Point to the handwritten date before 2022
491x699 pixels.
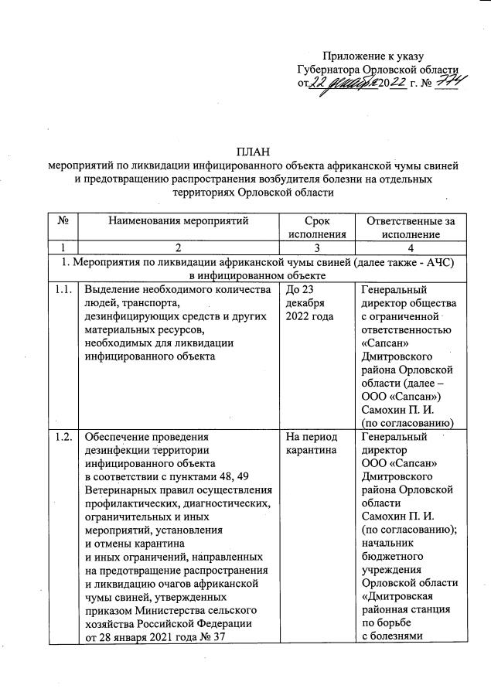(x=344, y=84)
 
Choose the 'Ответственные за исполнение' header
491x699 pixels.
(x=410, y=227)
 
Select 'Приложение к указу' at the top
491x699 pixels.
(x=372, y=56)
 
